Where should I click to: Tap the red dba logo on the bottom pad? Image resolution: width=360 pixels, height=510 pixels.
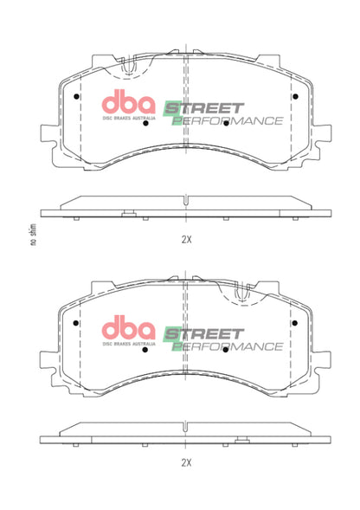tap(129, 329)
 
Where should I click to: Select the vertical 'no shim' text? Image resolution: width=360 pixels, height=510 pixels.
tap(32, 235)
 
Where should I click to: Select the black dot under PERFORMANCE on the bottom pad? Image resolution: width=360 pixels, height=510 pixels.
tap(225, 351)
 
